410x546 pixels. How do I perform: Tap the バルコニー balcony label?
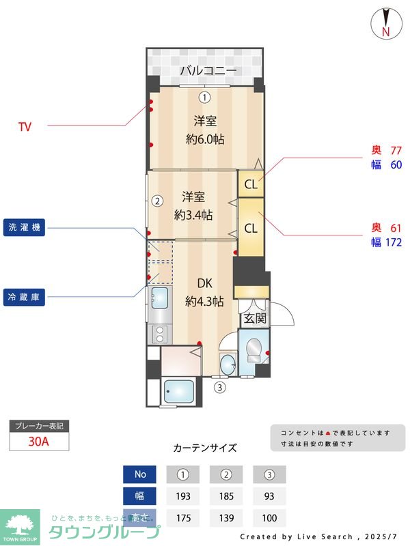click(208, 70)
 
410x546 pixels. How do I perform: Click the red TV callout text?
click(25, 126)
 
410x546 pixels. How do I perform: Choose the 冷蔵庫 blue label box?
click(25, 297)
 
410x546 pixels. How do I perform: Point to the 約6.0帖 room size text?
click(206, 139)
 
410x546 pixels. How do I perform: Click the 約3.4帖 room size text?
click(193, 215)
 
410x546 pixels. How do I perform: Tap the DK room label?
click(205, 283)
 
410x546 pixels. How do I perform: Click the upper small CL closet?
click(251, 184)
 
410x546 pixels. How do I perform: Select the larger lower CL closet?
click(251, 229)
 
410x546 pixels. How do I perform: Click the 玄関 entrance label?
click(253, 319)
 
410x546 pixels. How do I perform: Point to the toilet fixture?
click(254, 349)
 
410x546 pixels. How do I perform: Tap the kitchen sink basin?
click(160, 298)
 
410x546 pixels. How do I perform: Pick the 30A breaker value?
click(39, 442)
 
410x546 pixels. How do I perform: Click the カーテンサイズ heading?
click(205, 448)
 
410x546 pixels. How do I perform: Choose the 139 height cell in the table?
click(226, 518)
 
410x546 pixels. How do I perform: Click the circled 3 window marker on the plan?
click(220, 388)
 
